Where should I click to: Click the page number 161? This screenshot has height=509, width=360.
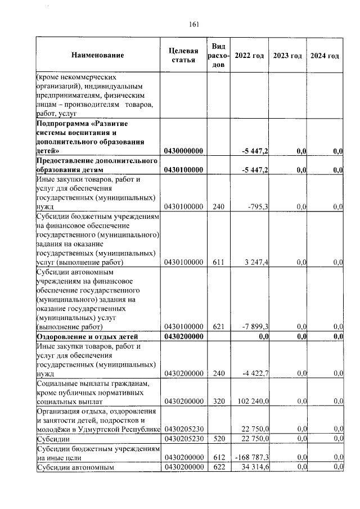(x=195, y=24)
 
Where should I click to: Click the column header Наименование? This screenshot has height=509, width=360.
(x=97, y=56)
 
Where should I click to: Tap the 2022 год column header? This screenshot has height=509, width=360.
(x=249, y=56)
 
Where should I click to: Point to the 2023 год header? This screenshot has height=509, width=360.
(x=287, y=56)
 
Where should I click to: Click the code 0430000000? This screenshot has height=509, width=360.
(x=183, y=151)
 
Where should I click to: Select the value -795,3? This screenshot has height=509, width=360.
(x=258, y=207)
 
